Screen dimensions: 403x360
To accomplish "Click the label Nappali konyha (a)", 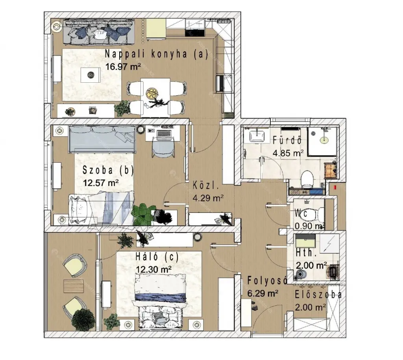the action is pyautogui.click(x=156, y=54).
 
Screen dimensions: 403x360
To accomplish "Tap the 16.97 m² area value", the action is pyautogui.click(x=123, y=67).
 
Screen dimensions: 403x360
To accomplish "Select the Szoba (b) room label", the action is pyautogui.click(x=108, y=170).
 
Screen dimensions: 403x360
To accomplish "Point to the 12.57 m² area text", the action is pyautogui.click(x=101, y=183).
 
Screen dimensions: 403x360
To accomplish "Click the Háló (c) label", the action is pyautogui.click(x=157, y=257).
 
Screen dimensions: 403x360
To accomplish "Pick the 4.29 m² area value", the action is pyautogui.click(x=208, y=198).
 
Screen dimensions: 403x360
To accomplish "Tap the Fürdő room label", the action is pyautogui.click(x=287, y=140).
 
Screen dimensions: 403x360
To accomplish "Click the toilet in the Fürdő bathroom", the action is pyautogui.click(x=307, y=179).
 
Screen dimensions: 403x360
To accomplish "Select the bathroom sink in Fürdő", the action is pyautogui.click(x=257, y=135).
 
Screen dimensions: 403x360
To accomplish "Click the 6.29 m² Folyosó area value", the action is pyautogui.click(x=263, y=293).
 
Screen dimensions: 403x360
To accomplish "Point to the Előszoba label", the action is pyautogui.click(x=318, y=295).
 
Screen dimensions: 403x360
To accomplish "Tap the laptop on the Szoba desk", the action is pyautogui.click(x=164, y=134).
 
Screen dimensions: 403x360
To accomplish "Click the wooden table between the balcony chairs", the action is pyautogui.click(x=74, y=286).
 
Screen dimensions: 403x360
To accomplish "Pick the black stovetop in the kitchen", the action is pyautogui.click(x=195, y=33).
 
